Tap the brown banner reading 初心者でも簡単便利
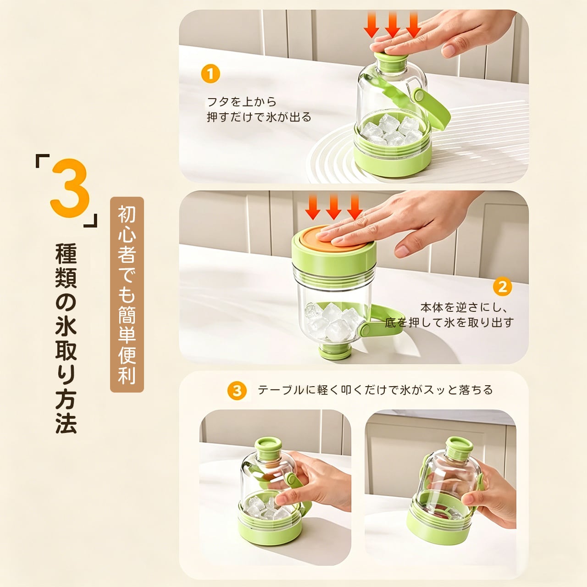pos(127,294)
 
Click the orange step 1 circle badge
pos(210,74)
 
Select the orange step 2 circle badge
pos(502,287)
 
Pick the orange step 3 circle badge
pos(237,391)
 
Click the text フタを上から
pos(242,102)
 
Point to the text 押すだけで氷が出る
pos(259,117)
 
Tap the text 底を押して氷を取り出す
pos(449,322)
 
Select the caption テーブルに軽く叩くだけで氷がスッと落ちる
pos(375,390)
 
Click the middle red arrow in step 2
pos(333,207)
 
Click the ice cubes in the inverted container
pos(331,322)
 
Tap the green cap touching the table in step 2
pos(335,352)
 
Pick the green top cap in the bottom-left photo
pos(268,448)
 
